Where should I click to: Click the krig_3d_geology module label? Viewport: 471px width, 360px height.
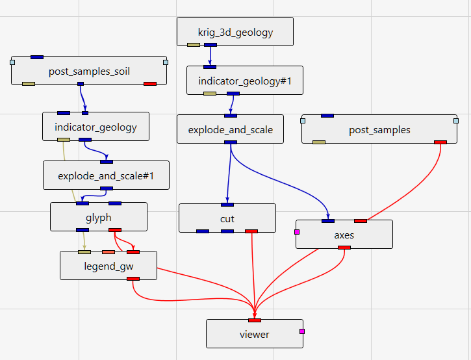point(235,32)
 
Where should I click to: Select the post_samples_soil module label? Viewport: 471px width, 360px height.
point(89,71)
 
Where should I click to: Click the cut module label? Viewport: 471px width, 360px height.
point(227,218)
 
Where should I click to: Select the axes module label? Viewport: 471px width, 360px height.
point(344,235)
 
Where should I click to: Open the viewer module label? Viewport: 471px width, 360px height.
point(254,334)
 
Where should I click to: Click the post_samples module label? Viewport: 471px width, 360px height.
point(379,129)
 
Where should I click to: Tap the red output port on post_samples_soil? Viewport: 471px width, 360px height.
point(150,83)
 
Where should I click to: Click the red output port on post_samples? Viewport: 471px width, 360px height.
point(440,142)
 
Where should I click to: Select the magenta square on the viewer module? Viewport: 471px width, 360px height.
point(301,331)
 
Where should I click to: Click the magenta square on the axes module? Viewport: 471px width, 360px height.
point(297,231)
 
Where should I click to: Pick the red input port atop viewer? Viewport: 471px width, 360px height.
point(255,320)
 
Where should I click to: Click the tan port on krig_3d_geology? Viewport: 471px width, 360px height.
point(194,45)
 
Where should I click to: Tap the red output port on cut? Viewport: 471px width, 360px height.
point(251,231)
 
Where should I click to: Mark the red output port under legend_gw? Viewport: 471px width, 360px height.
point(133,278)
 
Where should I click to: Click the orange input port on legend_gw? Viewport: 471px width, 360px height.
point(108,251)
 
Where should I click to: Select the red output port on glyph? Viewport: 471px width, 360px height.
point(115,229)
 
